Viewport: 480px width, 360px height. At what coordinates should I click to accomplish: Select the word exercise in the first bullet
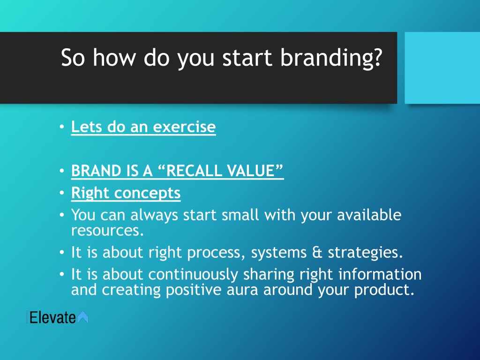click(x=184, y=127)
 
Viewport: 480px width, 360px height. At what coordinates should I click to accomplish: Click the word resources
click(x=107, y=231)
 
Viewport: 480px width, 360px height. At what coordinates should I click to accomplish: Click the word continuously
click(x=193, y=275)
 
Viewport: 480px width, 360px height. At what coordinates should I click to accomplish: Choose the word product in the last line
click(x=384, y=290)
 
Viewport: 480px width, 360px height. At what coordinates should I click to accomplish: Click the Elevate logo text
click(x=52, y=317)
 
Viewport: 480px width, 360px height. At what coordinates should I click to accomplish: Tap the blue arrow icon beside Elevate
click(x=82, y=317)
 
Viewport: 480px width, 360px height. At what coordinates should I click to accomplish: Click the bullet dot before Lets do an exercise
click(x=62, y=127)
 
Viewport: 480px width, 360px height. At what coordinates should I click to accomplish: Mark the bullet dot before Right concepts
click(x=62, y=193)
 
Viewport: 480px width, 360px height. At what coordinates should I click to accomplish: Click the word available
click(x=369, y=215)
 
